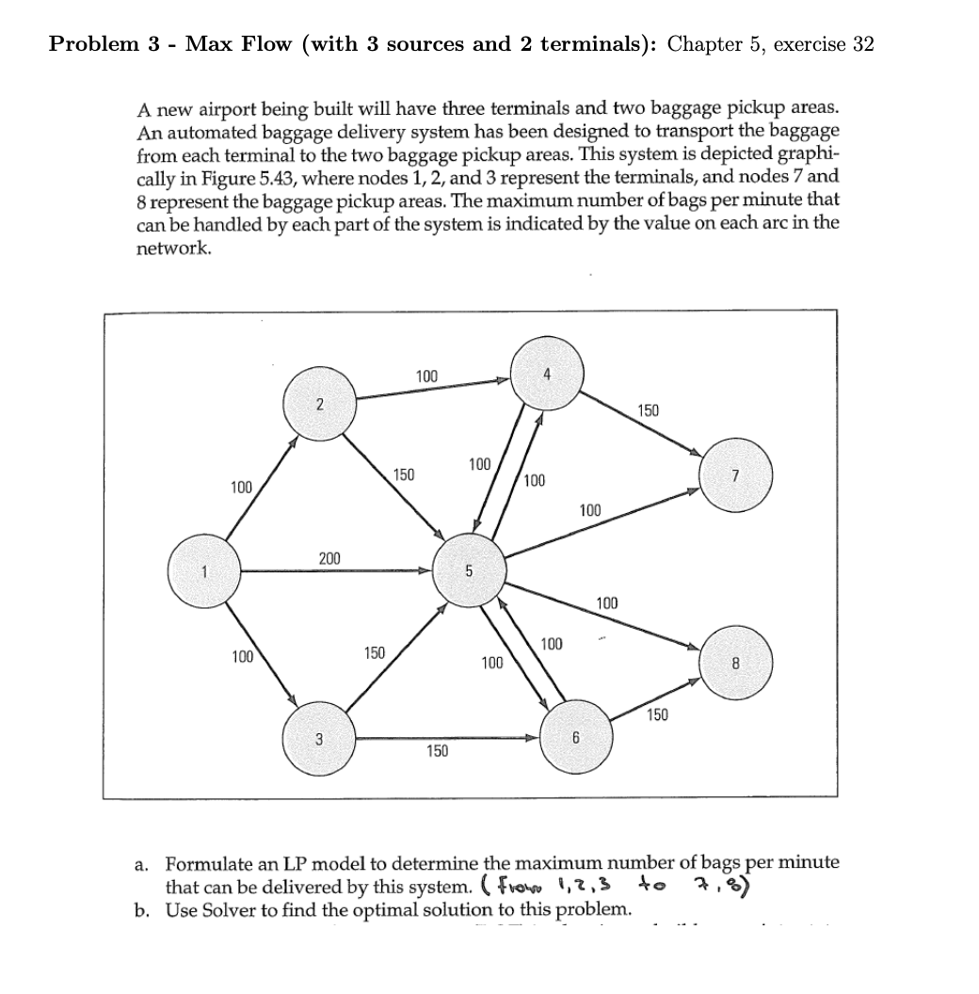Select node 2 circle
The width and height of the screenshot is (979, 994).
(320, 405)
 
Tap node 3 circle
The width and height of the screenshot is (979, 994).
(319, 739)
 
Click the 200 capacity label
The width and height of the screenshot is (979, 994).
(329, 559)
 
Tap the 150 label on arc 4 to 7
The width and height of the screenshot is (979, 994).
(648, 410)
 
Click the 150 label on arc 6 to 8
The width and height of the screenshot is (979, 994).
(657, 715)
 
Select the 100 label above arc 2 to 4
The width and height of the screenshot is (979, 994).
(425, 377)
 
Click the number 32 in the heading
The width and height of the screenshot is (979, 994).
(863, 45)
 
